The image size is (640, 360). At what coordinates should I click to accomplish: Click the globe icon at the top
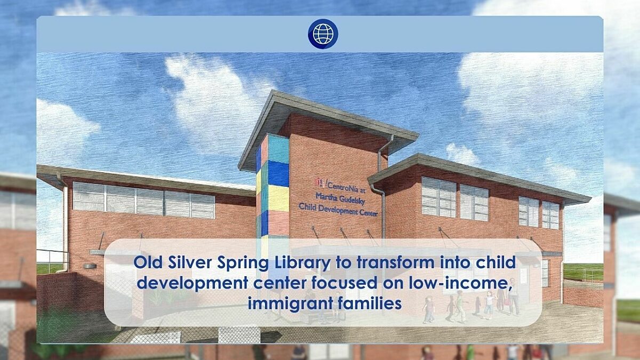(323, 34)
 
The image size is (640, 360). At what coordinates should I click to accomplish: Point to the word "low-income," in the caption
(472, 283)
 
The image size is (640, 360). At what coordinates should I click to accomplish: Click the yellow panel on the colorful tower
(277, 198)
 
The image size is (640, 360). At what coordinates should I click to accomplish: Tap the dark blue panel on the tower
(277, 173)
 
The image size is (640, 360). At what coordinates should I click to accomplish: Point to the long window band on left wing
(144, 200)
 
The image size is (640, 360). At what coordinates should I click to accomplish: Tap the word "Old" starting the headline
(145, 263)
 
